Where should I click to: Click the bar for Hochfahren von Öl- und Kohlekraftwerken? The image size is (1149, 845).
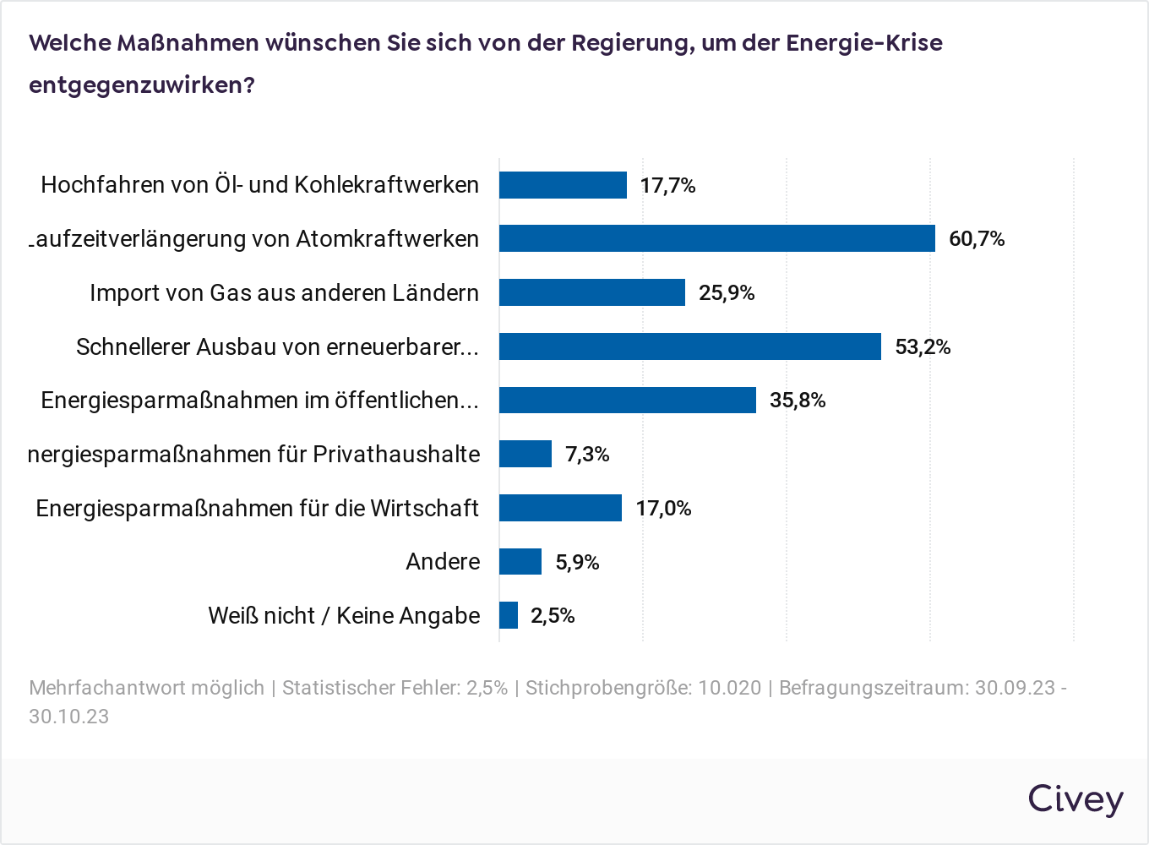pyautogui.click(x=563, y=185)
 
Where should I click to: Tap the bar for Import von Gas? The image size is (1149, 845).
pyautogui.click(x=591, y=292)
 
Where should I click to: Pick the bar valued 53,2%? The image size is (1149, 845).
pyautogui.click(x=689, y=346)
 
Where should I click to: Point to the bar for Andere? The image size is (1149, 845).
pyautogui.click(x=520, y=562)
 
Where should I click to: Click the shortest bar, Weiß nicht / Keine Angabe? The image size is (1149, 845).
pyautogui.click(x=508, y=615)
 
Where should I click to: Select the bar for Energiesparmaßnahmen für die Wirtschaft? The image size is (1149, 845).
pyautogui.click(x=560, y=508)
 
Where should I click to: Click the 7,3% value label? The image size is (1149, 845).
pyautogui.click(x=587, y=455)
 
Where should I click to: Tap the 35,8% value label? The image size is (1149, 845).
pyautogui.click(x=797, y=401)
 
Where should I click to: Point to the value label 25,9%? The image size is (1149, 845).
pyautogui.click(x=727, y=293)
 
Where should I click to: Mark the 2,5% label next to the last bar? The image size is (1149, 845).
pyautogui.click(x=553, y=616)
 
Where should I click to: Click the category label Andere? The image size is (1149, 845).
pyautogui.click(x=443, y=562)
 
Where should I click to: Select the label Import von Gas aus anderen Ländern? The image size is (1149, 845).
pyautogui.click(x=284, y=293)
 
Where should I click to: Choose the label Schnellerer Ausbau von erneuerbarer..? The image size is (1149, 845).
pyautogui.click(x=277, y=347)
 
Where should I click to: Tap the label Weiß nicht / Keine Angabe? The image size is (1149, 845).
pyautogui.click(x=344, y=616)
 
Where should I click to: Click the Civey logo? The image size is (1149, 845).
pyautogui.click(x=1075, y=799)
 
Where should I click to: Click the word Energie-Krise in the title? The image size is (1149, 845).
pyautogui.click(x=863, y=43)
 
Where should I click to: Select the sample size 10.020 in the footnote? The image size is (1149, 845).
pyautogui.click(x=729, y=688)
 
